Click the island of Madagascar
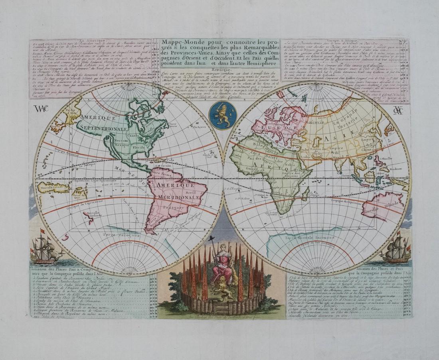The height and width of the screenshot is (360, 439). tap(305, 194)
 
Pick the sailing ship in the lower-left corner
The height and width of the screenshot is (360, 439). tap(45, 249)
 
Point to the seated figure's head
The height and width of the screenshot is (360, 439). tap(223, 248)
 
